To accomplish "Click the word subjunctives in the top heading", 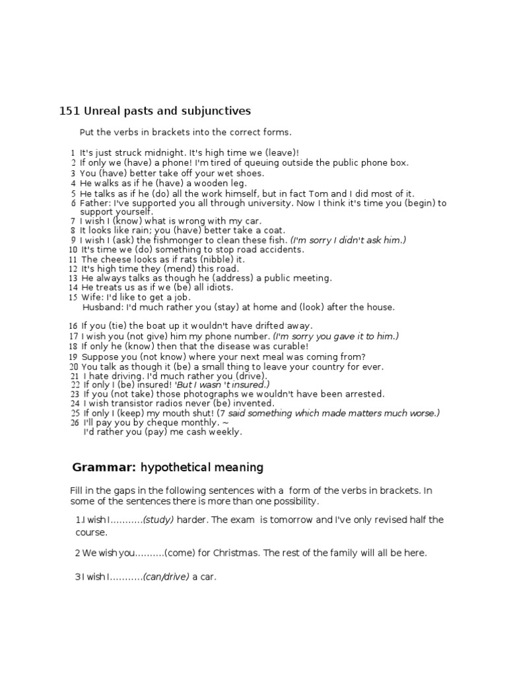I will pos(219,111).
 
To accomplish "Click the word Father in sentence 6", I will pos(94,203).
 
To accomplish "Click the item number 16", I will pos(73,326).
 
